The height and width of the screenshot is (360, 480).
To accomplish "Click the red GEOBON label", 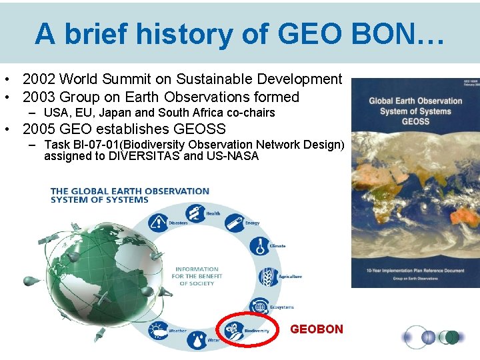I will [317, 329].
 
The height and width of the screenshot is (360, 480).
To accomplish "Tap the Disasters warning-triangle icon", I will [159, 222].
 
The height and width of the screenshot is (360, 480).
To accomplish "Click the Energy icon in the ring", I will [234, 223].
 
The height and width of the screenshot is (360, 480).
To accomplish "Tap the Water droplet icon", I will [197, 340].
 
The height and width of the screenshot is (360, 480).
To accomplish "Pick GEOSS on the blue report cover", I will [415, 122].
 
